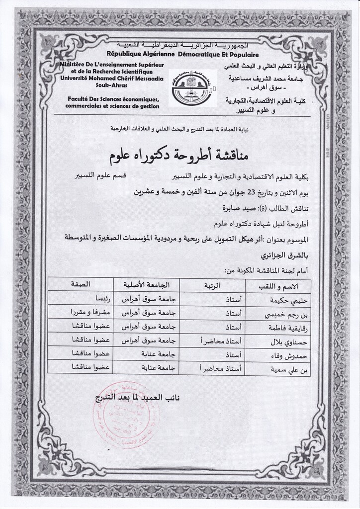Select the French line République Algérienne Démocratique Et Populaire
pos(182,54)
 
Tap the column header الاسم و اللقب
pos(282,286)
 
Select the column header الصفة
pos(81,285)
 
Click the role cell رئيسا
pos(98,300)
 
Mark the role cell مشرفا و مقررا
pos(89,314)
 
